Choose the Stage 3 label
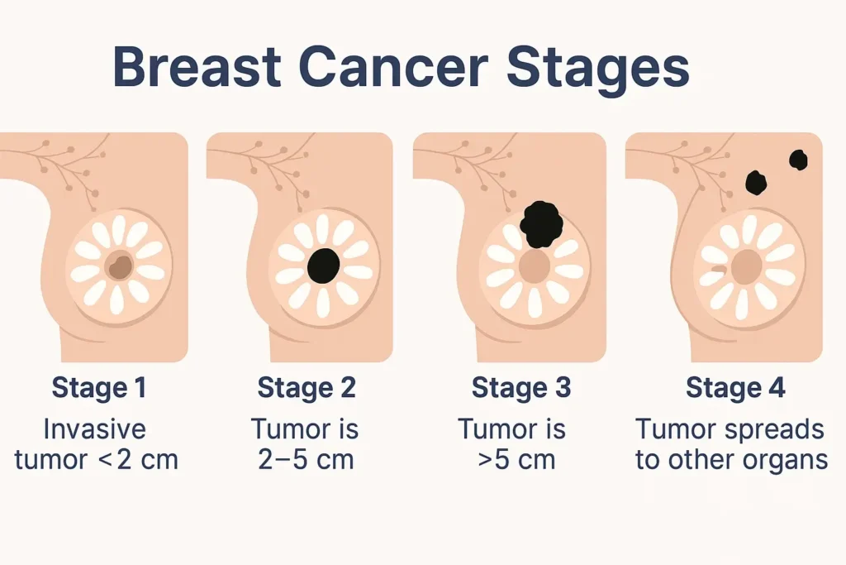(520, 387)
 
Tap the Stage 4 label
(735, 387)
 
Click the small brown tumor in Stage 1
(121, 266)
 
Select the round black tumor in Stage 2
(323, 265)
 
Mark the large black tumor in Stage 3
(541, 223)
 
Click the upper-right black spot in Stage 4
(798, 160)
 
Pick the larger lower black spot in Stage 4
(756, 182)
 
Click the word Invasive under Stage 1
(94, 429)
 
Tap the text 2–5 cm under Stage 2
(307, 459)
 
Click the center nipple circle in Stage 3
(535, 266)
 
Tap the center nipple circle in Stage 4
(747, 266)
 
